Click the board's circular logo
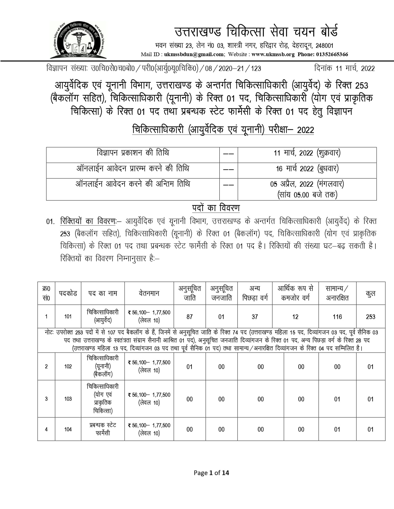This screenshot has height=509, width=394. pos(78,40)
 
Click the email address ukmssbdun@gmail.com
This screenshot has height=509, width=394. pos(194,55)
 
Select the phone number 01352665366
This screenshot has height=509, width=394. pos(332,55)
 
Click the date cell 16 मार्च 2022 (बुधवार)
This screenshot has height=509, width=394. pos(307,169)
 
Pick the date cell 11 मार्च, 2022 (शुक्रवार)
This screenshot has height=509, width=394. pos(307,153)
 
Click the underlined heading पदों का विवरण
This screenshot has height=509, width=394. pos(216,208)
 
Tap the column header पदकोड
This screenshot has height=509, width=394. pos(68,293)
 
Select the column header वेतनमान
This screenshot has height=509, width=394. pos(149,293)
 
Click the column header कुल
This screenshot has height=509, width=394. pos(370,293)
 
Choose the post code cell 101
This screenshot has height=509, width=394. pos(68,317)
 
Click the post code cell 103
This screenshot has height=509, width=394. pos(68,399)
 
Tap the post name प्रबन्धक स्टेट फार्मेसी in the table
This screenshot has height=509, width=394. pos(103,429)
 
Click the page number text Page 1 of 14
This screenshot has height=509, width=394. pos(211,473)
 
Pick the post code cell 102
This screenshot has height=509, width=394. pos(68,366)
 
